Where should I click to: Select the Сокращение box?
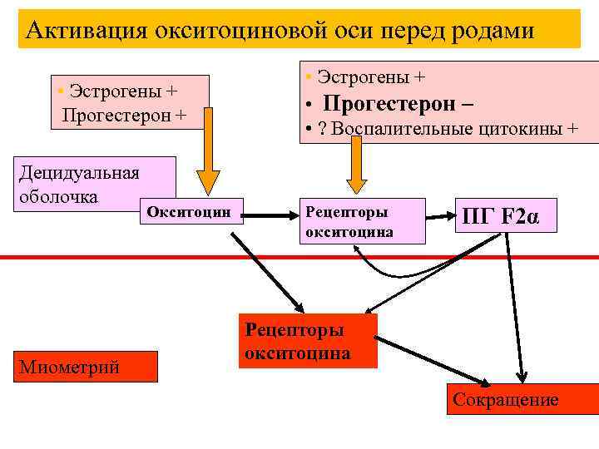click(x=505, y=400)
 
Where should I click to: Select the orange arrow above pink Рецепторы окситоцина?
click(x=357, y=162)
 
